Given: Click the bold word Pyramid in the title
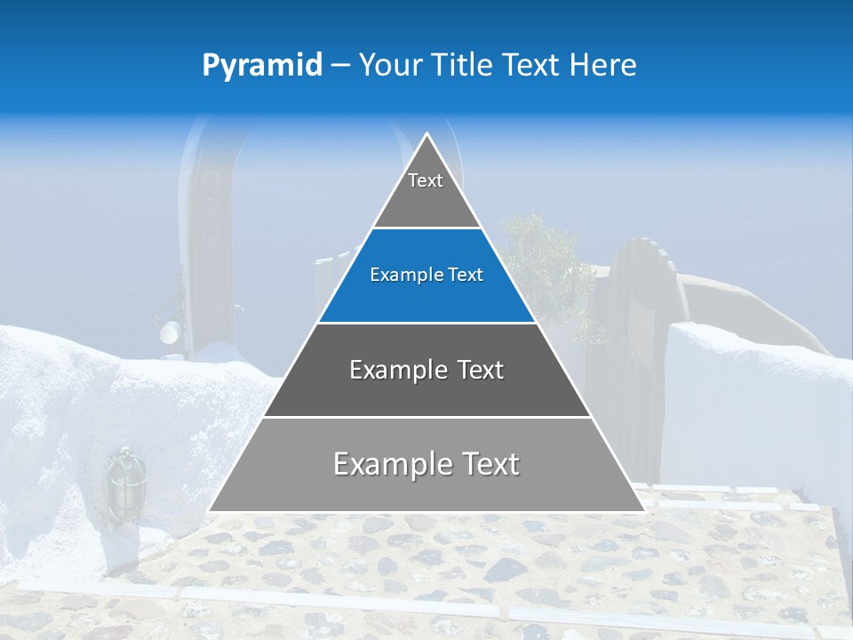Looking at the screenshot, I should point(262,65).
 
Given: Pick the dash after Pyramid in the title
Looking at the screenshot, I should point(339,66).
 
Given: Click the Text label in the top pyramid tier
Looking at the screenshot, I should point(426,180).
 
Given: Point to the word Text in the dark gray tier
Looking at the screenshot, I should point(481,370).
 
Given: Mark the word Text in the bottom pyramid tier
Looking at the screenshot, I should point(490,464).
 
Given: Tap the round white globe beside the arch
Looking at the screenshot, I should point(169,333).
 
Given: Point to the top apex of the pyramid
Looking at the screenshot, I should point(426,134).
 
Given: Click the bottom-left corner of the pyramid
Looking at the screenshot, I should point(210,511).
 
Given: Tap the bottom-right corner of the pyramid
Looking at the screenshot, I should point(643,511).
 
